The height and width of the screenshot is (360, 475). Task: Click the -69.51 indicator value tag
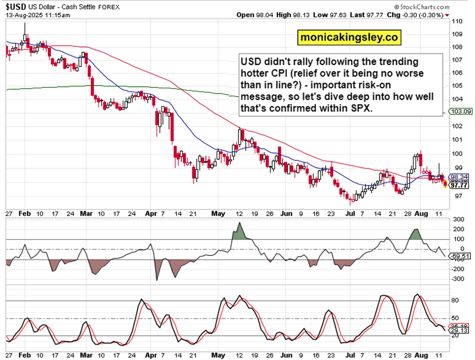pos(460,256)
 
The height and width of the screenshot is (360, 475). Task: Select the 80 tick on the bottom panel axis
pos(455,300)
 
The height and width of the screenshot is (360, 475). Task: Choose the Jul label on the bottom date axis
pos(351,354)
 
